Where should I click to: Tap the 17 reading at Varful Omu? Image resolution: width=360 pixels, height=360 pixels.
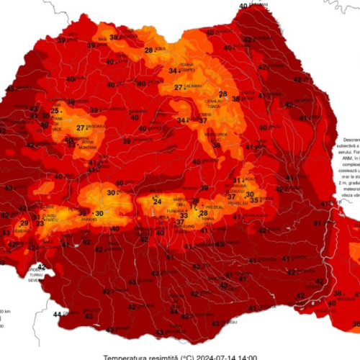pos(192,207)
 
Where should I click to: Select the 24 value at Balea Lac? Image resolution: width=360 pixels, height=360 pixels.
pos(157,201)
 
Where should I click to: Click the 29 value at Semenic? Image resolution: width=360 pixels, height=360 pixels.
pos(24,224)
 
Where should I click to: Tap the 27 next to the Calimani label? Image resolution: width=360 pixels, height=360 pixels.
pos(178,88)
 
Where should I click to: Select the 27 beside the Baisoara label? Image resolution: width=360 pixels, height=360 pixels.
pos(81,128)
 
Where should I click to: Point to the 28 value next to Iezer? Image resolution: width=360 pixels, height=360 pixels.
pos(149,50)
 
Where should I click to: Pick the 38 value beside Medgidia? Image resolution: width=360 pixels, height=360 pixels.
pos(336,294)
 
